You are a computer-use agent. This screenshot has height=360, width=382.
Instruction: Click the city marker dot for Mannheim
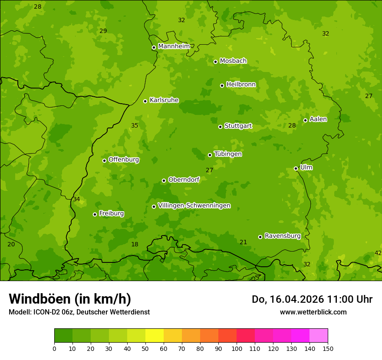tap(154, 48)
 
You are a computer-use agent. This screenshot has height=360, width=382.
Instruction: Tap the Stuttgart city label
tap(238, 126)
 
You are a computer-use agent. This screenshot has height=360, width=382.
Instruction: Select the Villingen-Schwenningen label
tap(194, 206)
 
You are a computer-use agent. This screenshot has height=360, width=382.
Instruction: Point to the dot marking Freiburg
tap(95, 214)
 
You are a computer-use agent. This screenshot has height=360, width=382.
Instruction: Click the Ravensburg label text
tap(282, 236)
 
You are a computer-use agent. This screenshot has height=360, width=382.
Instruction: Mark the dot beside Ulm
tap(296, 168)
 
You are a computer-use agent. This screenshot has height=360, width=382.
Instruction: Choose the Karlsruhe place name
tap(164, 100)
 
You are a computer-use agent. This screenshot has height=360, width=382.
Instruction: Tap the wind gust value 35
tap(135, 125)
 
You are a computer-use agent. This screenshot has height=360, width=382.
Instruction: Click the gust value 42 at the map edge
tap(378, 253)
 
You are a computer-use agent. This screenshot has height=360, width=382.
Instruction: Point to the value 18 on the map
tap(135, 244)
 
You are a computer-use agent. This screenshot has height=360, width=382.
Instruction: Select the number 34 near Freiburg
tap(76, 199)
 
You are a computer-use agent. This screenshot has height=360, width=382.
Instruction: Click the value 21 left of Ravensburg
tap(243, 242)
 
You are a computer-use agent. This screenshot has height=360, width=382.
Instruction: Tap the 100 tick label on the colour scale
tap(237, 348)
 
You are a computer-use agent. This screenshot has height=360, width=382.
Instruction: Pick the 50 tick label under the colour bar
tap(145, 348)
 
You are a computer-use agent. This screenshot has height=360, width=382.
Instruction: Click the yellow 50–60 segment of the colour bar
tap(155, 336)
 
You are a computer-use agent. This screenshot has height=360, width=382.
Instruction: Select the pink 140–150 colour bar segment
tap(319, 336)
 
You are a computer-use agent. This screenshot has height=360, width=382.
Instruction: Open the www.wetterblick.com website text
tap(313, 312)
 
